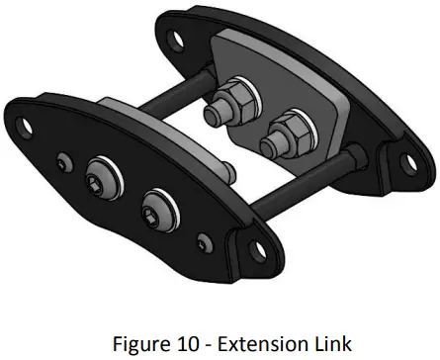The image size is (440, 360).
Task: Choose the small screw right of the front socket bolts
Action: click(x=203, y=240)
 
